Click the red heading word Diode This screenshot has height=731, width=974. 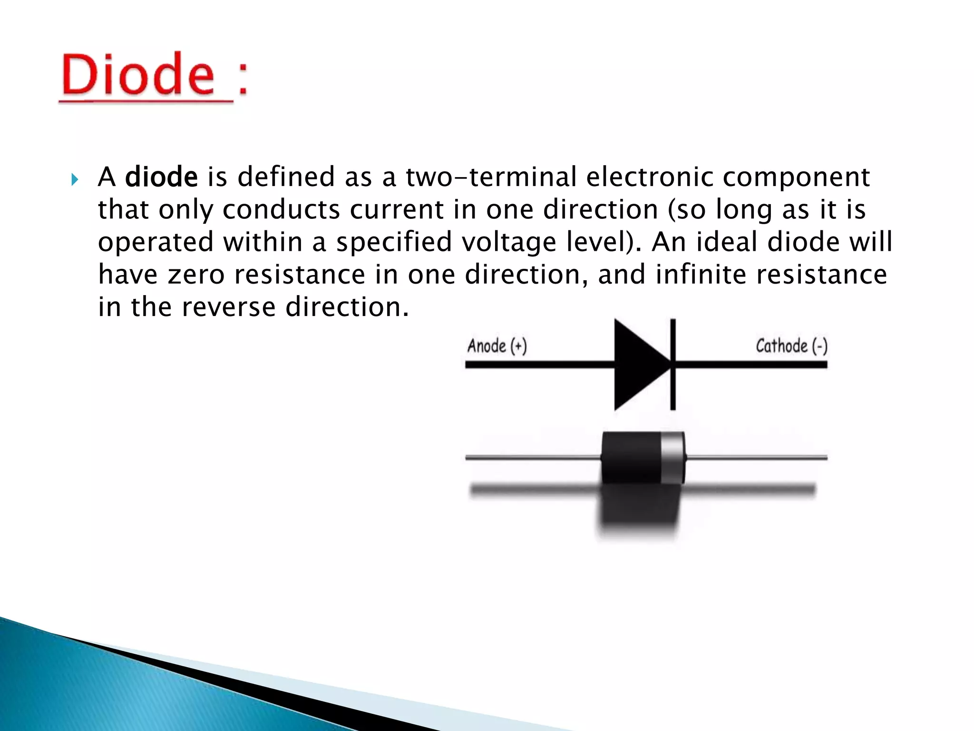138,75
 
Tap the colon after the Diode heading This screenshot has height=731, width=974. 243,79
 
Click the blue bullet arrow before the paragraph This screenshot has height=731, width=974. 74,180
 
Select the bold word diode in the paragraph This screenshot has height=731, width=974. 161,177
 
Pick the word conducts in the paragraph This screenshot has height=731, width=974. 281,210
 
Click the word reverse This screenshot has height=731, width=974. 228,307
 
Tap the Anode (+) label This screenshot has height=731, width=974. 497,346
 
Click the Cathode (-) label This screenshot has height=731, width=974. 791,346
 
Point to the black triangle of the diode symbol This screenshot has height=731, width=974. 637,365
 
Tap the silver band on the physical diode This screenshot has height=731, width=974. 672,457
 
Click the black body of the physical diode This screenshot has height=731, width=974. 631,457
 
